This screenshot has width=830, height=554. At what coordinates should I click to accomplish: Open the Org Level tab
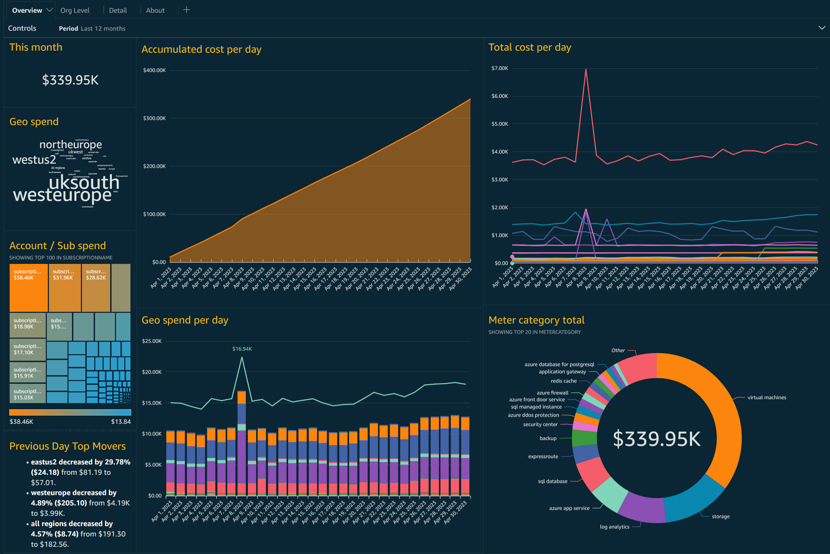(75, 10)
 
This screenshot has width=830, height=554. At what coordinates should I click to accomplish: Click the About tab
(155, 10)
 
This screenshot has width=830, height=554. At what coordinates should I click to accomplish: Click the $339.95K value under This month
(70, 80)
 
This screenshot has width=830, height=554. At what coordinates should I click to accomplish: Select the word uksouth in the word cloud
(84, 183)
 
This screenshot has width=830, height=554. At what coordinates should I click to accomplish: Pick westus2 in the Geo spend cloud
(34, 160)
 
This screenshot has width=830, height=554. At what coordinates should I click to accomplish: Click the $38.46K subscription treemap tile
(28, 287)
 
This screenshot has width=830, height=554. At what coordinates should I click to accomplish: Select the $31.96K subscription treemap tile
(64, 287)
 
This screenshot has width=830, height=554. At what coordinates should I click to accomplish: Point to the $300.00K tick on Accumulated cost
(154, 119)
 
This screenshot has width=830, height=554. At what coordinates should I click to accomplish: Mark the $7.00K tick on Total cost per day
(500, 68)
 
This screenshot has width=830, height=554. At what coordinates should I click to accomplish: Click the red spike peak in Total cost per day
(586, 70)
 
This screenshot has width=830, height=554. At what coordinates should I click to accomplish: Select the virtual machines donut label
(766, 398)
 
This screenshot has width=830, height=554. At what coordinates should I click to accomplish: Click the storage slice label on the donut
(720, 516)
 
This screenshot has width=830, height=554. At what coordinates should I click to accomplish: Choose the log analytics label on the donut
(614, 526)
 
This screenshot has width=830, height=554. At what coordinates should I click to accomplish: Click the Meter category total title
(536, 320)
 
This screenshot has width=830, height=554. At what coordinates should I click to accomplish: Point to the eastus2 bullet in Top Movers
(81, 462)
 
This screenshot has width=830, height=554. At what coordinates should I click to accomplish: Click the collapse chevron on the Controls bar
(821, 28)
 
